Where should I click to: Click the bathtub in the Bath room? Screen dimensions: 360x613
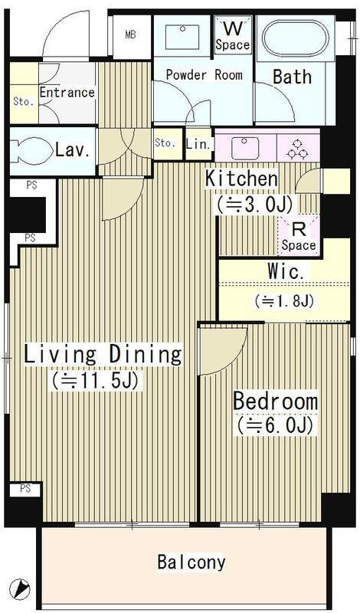click(x=296, y=38)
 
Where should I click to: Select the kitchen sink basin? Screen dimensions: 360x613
click(x=244, y=149)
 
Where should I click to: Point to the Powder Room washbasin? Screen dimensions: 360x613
click(x=182, y=37)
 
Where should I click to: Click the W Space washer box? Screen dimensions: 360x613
click(x=233, y=34)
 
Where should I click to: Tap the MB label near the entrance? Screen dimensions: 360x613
click(x=130, y=35)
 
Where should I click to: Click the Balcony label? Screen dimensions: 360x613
click(x=191, y=562)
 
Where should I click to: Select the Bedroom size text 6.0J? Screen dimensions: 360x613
click(x=273, y=425)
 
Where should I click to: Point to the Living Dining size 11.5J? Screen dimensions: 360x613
click(x=96, y=380)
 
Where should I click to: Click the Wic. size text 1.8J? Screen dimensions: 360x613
click(x=284, y=301)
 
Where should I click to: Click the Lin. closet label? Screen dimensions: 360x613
click(x=199, y=144)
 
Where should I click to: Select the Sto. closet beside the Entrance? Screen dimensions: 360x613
click(x=24, y=93)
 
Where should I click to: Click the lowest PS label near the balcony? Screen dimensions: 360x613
click(x=25, y=489)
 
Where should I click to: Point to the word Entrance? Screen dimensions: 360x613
click(x=67, y=93)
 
